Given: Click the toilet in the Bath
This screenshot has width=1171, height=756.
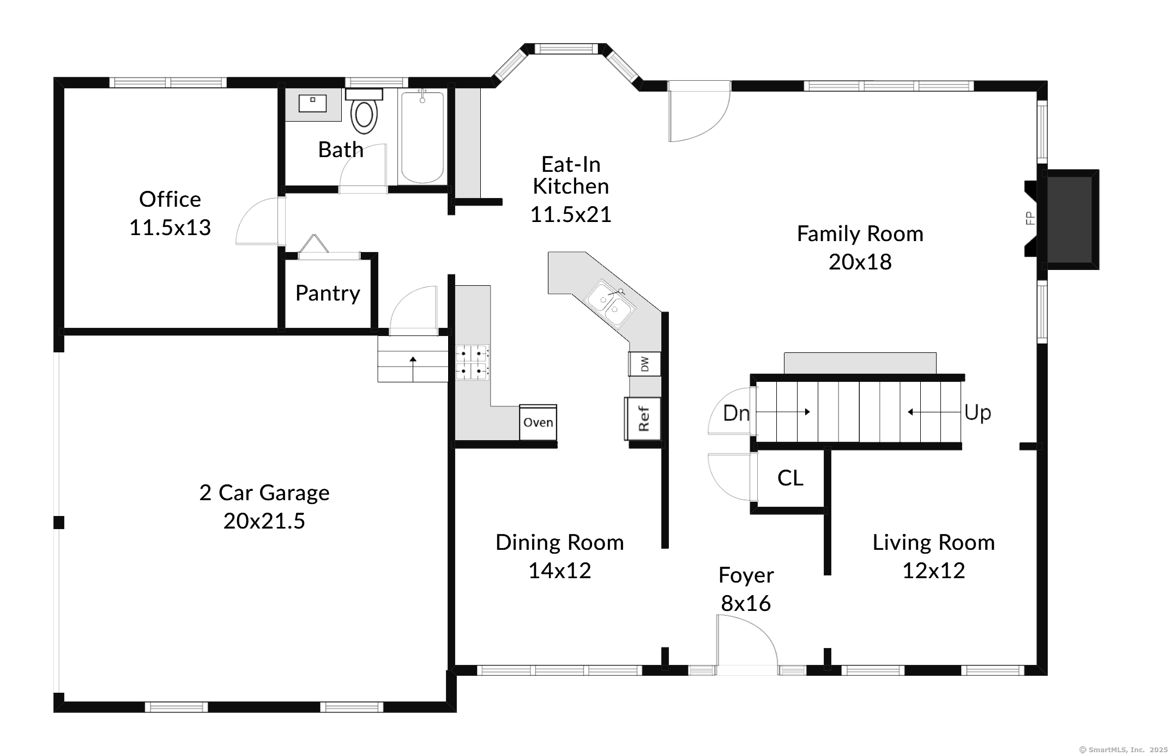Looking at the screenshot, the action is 364,111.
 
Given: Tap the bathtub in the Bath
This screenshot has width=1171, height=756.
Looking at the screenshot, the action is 422,137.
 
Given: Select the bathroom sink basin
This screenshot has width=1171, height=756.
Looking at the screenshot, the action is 312,103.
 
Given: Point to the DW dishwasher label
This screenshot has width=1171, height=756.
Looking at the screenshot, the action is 645,364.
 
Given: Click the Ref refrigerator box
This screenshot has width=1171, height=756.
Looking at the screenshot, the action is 643,418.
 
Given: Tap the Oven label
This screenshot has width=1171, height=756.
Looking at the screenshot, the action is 538,422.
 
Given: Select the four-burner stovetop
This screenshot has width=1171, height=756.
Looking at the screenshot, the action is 472,362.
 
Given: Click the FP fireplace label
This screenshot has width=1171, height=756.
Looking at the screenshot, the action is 1030,218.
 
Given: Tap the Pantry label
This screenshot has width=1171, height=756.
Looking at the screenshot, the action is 328,293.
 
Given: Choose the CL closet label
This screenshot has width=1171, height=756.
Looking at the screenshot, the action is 790,478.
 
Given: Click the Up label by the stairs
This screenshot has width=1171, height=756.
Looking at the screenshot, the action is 977,413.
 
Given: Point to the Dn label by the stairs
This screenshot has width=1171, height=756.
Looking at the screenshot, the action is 736,413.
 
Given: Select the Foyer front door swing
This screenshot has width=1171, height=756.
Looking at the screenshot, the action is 746,641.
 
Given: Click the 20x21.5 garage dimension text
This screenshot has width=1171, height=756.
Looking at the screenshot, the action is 264,521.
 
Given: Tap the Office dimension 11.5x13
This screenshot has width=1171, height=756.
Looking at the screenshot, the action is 170,227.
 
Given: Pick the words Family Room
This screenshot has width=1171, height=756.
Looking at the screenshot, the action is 860,233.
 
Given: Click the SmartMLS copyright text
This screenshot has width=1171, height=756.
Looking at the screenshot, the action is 1123,750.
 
